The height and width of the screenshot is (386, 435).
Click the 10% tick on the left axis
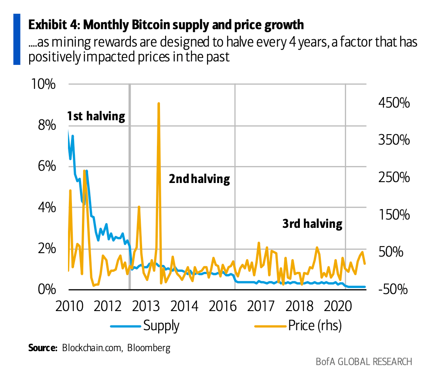tap(44, 84)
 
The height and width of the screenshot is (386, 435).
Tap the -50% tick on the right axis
tap(392, 289)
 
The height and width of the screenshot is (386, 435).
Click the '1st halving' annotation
tap(96, 116)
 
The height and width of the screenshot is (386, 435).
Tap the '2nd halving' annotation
tap(199, 179)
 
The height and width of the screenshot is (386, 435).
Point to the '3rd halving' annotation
tap(312, 224)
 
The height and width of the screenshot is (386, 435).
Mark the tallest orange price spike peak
tap(159, 104)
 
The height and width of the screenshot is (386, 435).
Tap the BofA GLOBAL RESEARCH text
tap(364, 362)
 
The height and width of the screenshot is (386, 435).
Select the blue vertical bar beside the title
tap(17, 39)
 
